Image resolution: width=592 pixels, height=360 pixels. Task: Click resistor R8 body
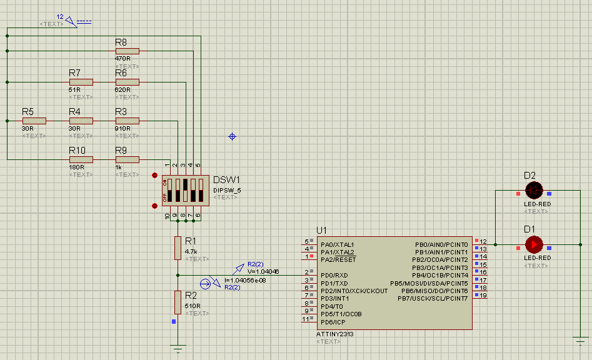128,51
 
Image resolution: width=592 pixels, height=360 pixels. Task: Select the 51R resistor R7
81,82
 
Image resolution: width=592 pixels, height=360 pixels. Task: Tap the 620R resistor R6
128,82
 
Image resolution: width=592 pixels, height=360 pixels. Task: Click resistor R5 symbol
35,121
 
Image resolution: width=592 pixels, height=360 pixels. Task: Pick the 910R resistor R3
128,121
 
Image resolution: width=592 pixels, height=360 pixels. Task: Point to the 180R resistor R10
81,159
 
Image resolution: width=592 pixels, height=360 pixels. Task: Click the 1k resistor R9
128,159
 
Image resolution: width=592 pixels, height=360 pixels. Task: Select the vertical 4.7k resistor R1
178,248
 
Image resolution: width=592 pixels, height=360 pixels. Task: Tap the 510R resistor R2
178,302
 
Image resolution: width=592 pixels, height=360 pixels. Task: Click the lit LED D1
534,244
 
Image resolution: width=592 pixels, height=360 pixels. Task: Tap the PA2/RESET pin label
338,259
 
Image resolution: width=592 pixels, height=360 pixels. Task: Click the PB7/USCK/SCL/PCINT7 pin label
432,299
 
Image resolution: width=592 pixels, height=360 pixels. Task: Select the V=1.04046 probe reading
263,272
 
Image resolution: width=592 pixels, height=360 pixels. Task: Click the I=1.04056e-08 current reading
244,280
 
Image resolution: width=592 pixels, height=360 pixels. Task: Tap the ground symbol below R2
178,348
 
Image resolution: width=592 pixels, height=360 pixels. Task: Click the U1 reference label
322,230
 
